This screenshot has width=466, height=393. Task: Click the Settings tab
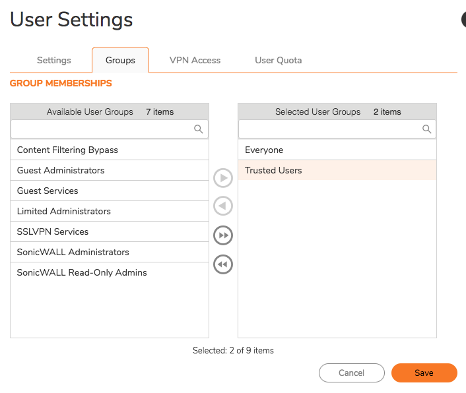(53, 60)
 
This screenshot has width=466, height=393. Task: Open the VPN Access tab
(195, 60)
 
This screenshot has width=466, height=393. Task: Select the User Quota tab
(278, 60)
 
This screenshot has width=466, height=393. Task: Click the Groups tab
(120, 60)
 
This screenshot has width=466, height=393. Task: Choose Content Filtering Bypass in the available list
(67, 150)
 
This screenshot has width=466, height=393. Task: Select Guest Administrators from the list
(61, 170)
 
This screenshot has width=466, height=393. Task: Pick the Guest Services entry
(48, 191)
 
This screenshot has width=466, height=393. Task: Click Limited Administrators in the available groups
(64, 211)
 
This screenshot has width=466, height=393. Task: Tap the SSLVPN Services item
(53, 231)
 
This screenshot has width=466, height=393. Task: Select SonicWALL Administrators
(73, 252)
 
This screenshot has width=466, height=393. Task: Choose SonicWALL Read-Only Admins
(82, 272)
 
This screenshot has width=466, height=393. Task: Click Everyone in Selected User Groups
(264, 150)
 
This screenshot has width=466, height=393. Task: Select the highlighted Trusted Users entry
(273, 170)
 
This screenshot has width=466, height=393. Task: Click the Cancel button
(351, 373)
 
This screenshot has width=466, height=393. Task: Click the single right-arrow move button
(223, 178)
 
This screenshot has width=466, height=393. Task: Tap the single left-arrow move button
(223, 206)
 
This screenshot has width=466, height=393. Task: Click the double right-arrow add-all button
(223, 235)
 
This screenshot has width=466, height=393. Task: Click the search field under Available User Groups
(102, 129)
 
